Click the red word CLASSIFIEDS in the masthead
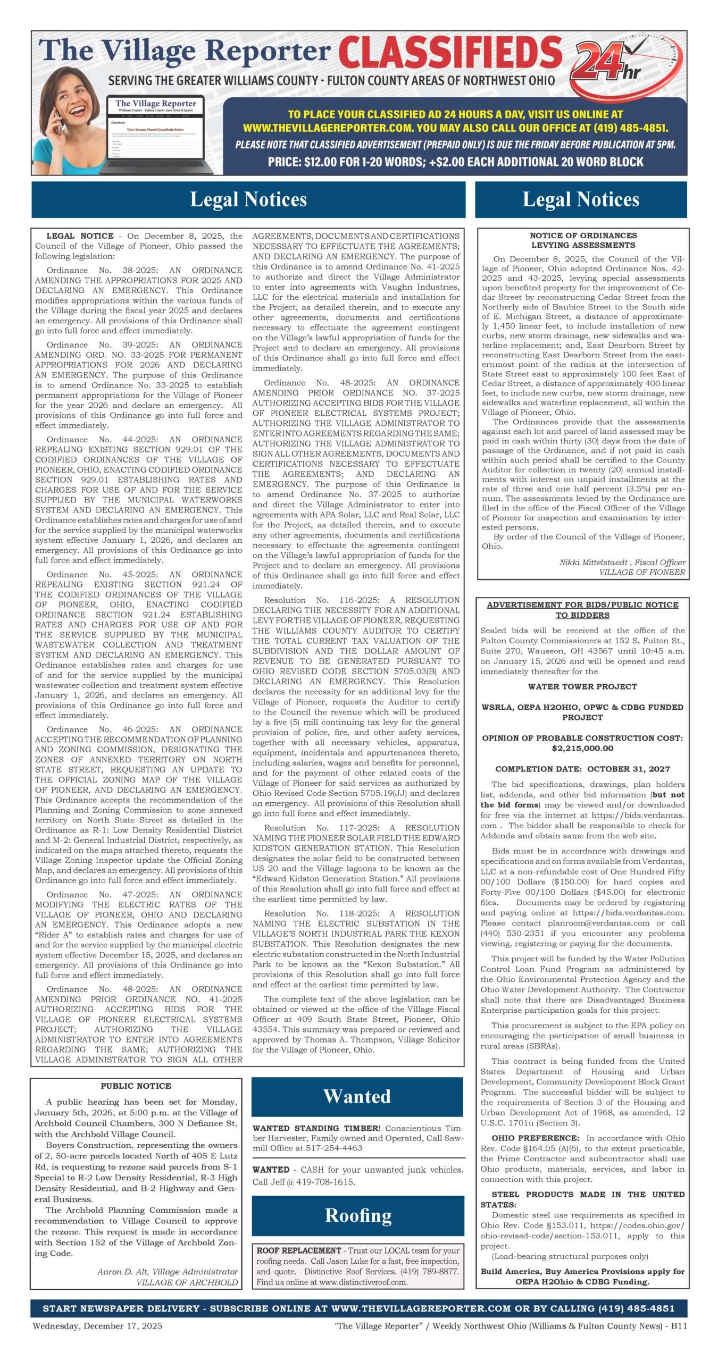(x=450, y=54)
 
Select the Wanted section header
(x=357, y=1096)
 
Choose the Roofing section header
(x=358, y=1215)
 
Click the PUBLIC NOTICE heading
(x=136, y=1086)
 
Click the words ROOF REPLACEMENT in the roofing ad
(x=299, y=1250)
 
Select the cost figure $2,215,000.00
(x=582, y=748)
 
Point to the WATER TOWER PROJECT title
(x=582, y=686)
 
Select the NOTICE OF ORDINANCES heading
(x=583, y=236)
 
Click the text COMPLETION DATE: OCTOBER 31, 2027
(x=582, y=769)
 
